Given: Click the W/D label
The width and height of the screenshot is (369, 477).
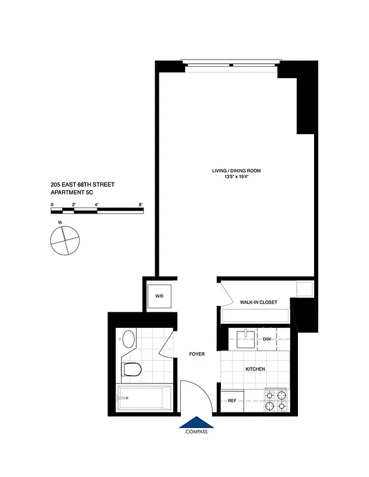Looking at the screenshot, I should [159, 296].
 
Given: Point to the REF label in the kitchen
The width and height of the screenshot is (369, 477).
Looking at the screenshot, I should [232, 401].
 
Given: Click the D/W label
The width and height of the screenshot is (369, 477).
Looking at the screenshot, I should [267, 339].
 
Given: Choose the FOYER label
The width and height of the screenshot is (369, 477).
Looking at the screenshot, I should [197, 354].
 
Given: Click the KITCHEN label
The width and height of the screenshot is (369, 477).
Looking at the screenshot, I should [255, 370].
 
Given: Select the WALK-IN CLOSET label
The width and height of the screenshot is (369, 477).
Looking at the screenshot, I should [259, 303].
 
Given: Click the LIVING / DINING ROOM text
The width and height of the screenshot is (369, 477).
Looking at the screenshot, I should [236, 171].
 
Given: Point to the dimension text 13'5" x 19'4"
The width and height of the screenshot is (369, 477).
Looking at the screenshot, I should [236, 177].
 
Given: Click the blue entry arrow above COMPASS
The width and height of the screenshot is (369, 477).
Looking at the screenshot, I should [196, 422].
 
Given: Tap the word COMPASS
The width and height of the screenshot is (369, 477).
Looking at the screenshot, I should [196, 432].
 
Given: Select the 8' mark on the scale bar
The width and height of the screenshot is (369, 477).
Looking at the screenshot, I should [141, 205].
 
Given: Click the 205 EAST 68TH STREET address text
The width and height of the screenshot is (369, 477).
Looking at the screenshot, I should [82, 185].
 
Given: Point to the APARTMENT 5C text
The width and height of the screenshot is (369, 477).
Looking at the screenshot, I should [74, 193].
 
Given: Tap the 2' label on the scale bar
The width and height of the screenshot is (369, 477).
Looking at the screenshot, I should [73, 205].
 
